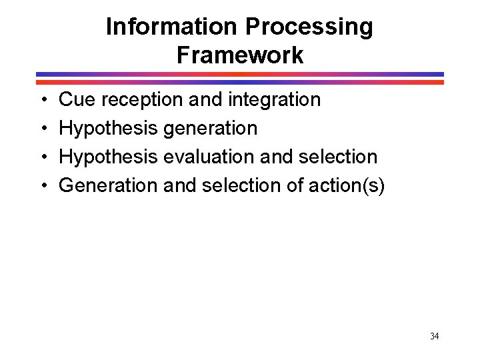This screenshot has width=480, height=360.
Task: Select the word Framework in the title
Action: tap(240, 55)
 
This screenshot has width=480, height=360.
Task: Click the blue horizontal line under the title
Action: tap(240, 74)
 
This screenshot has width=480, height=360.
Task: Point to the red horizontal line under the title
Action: tap(240, 82)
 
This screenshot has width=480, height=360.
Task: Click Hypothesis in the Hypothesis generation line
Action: tap(109, 129)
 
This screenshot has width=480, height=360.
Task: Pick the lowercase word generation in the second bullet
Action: tap(210, 129)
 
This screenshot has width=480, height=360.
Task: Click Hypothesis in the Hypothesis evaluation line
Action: tap(109, 157)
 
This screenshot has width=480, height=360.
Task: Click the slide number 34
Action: tap(434, 336)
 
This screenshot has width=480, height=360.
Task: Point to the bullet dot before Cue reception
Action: tap(43, 101)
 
